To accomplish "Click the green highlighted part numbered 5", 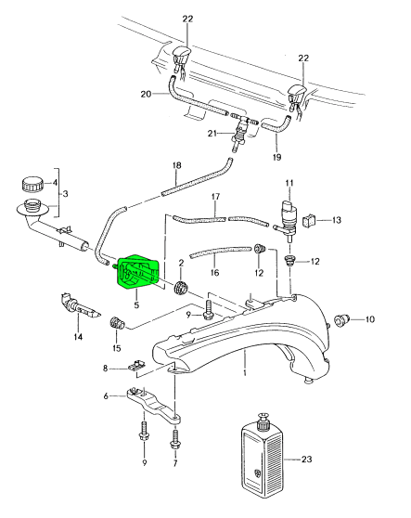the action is tap(138, 272).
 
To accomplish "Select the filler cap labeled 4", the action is tap(32, 184).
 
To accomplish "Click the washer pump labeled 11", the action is tap(288, 219).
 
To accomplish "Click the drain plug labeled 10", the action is tap(340, 320).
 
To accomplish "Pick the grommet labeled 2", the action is tap(181, 288).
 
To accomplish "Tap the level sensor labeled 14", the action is tap(79, 306).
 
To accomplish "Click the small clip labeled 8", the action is tap(136, 365).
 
